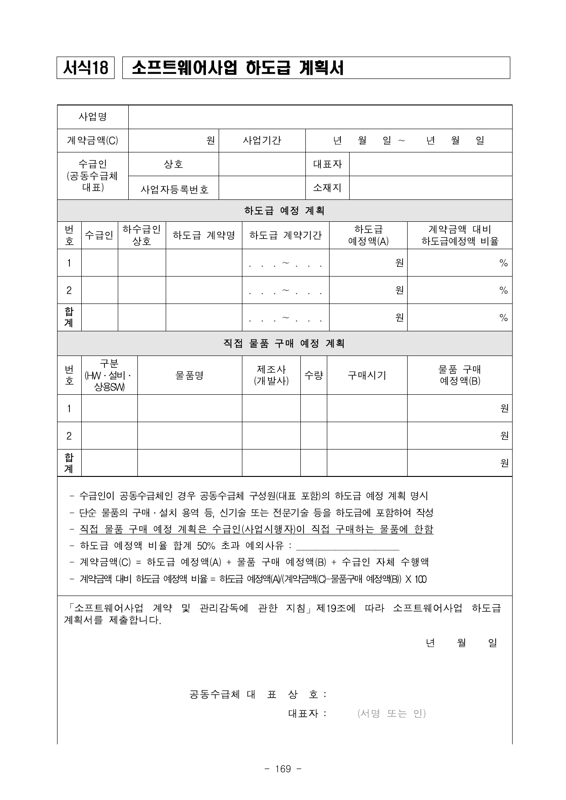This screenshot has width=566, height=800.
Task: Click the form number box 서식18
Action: tap(85, 68)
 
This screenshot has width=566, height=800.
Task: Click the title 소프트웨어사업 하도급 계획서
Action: tap(237, 68)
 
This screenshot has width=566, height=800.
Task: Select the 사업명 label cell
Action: tap(93, 117)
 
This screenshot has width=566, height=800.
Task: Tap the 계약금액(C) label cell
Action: tap(93, 141)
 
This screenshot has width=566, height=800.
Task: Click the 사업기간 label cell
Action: tap(262, 141)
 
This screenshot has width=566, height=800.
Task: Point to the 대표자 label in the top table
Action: tap(327, 164)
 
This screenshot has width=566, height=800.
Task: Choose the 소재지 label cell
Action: tap(327, 188)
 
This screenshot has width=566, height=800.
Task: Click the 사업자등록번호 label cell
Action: tap(174, 189)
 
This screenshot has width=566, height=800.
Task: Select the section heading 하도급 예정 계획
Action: tap(284, 211)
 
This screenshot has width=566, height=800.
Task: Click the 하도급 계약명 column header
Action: tap(204, 235)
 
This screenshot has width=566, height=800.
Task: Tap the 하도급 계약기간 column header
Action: tap(285, 235)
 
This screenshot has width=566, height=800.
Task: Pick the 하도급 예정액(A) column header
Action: tap(368, 235)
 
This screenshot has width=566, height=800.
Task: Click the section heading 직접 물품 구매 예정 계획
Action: tap(284, 343)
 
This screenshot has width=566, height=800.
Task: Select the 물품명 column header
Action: tap(189, 375)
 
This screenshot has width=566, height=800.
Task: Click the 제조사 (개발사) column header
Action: tap(271, 375)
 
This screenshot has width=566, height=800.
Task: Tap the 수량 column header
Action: tap(314, 375)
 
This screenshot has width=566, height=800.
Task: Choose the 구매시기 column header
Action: tap(367, 375)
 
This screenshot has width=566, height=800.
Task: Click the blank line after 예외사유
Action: tap(348, 547)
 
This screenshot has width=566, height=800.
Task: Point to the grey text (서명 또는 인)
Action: tap(392, 713)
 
